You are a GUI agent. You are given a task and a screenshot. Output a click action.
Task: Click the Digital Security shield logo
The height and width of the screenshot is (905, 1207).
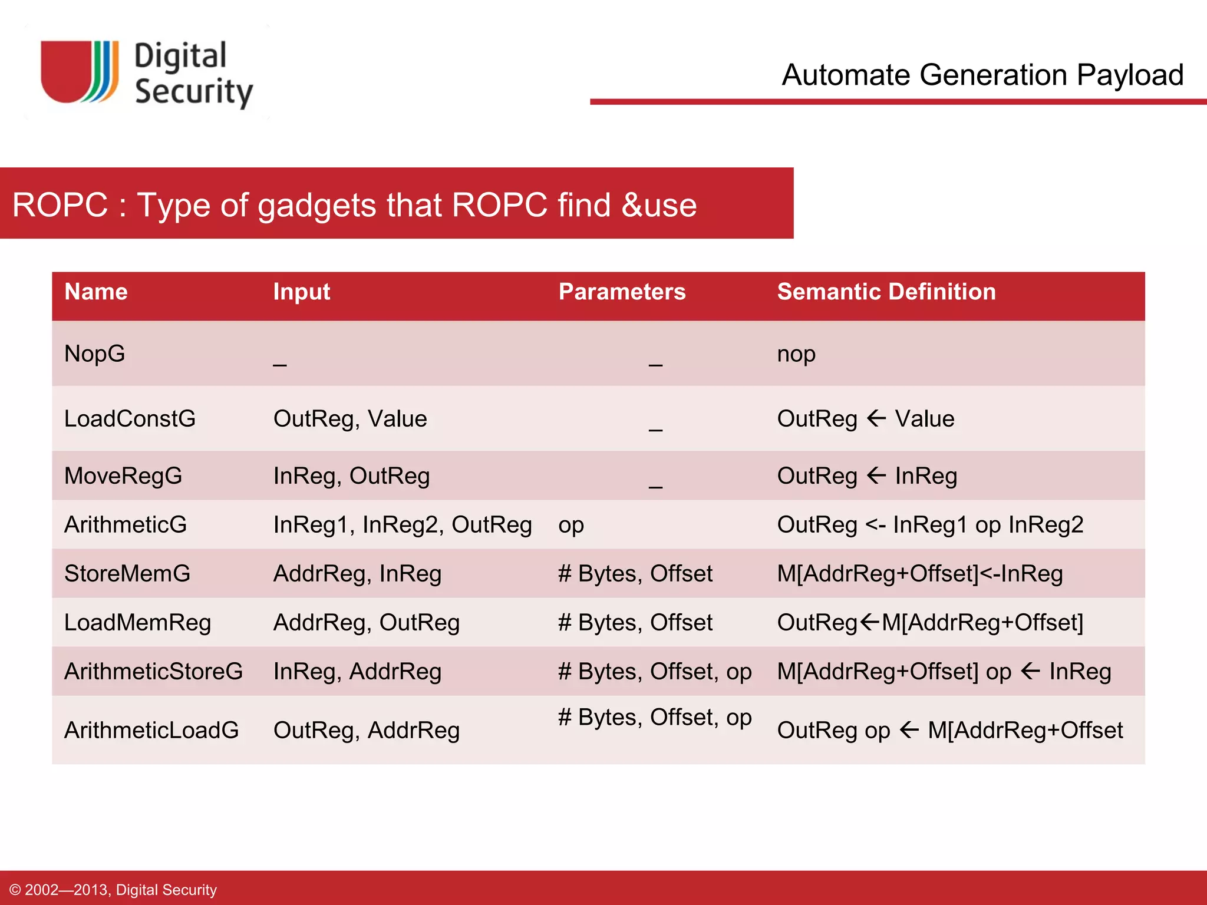tap(80, 72)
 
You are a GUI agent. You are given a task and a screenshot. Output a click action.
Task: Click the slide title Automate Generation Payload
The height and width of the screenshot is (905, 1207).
tap(982, 75)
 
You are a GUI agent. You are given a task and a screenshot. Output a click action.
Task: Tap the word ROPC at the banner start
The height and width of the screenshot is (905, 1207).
tap(60, 205)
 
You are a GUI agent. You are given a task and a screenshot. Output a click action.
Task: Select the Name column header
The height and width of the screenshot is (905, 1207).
tap(96, 292)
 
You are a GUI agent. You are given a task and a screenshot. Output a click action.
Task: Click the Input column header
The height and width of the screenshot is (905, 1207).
tap(301, 292)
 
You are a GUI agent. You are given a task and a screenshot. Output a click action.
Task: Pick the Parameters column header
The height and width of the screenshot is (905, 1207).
tap(622, 292)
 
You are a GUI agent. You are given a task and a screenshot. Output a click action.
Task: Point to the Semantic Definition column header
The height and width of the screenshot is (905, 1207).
tap(886, 292)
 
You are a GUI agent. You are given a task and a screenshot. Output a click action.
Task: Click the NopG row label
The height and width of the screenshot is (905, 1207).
tap(95, 354)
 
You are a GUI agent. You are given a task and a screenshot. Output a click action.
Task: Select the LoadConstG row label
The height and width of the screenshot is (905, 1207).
tap(130, 418)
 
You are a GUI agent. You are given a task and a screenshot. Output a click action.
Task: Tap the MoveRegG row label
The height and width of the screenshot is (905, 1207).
tap(123, 475)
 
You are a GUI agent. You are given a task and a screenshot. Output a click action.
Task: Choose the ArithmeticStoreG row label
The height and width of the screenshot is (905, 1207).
tap(153, 671)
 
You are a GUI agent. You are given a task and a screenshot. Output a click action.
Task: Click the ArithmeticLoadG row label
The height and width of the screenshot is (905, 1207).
tap(151, 730)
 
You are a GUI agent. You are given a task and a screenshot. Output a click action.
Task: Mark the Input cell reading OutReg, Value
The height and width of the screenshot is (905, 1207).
tap(350, 418)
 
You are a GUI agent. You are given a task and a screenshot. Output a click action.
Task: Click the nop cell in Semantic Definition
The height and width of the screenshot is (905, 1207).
tap(796, 354)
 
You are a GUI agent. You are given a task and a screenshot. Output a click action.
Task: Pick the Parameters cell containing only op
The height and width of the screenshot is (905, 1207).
tap(571, 524)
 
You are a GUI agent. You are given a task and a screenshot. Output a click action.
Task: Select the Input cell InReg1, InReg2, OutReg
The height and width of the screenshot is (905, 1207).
tap(403, 524)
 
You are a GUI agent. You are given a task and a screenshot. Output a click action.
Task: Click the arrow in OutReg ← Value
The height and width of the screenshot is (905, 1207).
tap(876, 418)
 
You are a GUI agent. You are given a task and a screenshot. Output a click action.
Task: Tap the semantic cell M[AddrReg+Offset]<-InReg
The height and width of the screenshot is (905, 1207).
tap(920, 573)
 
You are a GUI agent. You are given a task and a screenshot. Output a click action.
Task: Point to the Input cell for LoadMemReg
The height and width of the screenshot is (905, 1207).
tap(366, 622)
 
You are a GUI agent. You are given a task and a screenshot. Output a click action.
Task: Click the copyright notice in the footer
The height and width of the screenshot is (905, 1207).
tap(114, 890)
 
